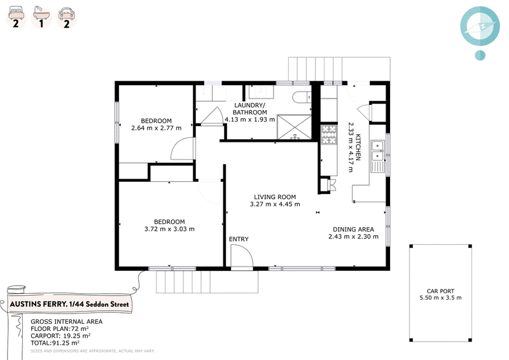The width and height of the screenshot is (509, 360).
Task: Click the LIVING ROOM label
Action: [x=275, y=197]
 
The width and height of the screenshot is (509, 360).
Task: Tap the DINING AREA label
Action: [x=353, y=229]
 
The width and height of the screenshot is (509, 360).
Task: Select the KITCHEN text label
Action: [x=358, y=147]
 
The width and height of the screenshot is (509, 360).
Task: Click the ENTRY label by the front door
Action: [x=239, y=239]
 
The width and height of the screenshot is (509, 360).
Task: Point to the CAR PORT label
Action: [x=440, y=291]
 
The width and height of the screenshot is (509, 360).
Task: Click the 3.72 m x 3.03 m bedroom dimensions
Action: [x=169, y=229]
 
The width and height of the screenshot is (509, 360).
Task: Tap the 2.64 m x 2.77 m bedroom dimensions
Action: [x=157, y=128]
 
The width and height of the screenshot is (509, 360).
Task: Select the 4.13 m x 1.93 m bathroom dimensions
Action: [x=250, y=119]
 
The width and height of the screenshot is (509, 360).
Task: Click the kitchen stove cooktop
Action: [x=329, y=134]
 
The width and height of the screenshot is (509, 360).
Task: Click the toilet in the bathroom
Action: [x=302, y=97]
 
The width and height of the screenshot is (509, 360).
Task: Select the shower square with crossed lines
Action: [x=294, y=127]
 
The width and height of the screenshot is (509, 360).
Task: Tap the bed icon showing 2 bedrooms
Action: [x=16, y=18]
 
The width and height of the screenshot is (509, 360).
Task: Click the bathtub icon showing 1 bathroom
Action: [x=41, y=18]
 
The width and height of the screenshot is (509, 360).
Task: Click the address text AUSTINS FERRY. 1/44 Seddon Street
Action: [x=69, y=304]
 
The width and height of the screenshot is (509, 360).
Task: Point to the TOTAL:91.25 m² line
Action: [x=55, y=343]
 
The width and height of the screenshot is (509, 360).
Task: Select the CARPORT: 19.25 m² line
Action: [x=60, y=336]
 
